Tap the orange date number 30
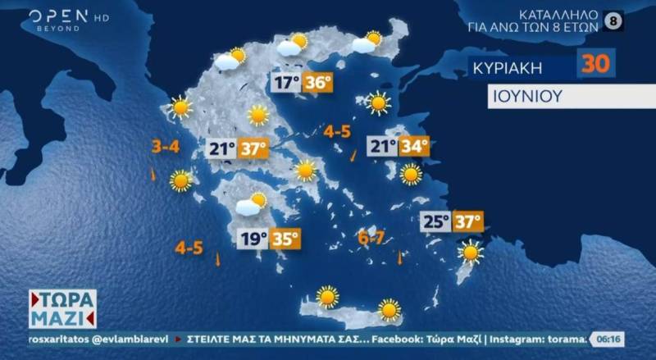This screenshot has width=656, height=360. pyautogui.click(x=596, y=63)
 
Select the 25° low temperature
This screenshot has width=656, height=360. pyautogui.click(x=435, y=221)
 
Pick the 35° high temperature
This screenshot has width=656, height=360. pyautogui.click(x=285, y=239)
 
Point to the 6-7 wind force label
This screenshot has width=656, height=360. pyautogui.click(x=371, y=239)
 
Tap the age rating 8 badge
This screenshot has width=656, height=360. pyautogui.click(x=612, y=21)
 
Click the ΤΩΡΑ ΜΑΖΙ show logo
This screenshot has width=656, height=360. pyautogui.click(x=62, y=308)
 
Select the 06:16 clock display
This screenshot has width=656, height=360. pyautogui.click(x=608, y=338)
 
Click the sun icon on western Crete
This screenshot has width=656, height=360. pyautogui.click(x=328, y=296)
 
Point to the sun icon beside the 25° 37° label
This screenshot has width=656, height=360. pyautogui.click(x=471, y=252)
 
